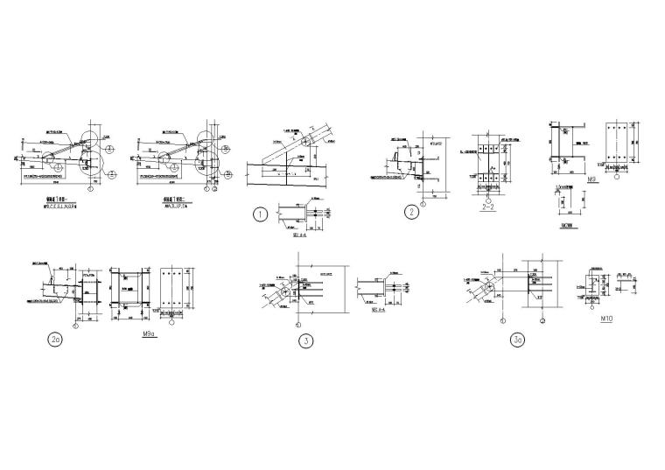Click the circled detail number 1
(x=260, y=213)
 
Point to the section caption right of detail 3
(x=379, y=309)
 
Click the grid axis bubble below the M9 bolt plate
(x=618, y=175)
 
